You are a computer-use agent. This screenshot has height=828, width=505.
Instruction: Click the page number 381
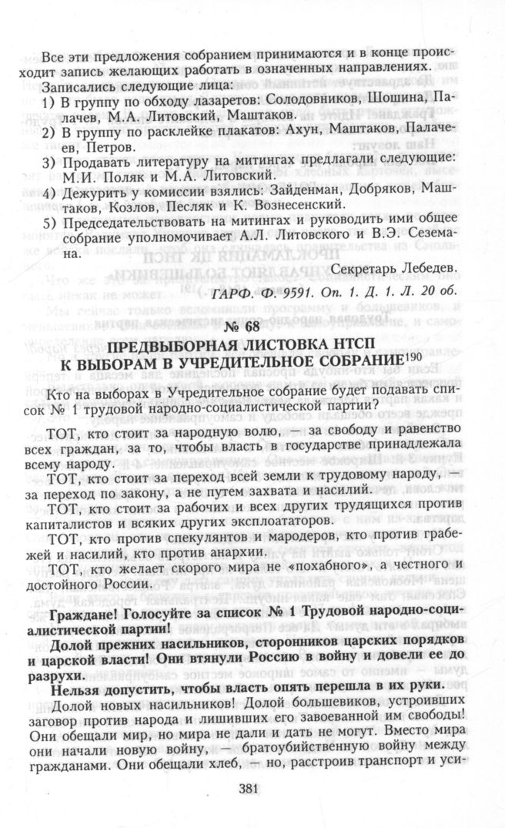[252, 787]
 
